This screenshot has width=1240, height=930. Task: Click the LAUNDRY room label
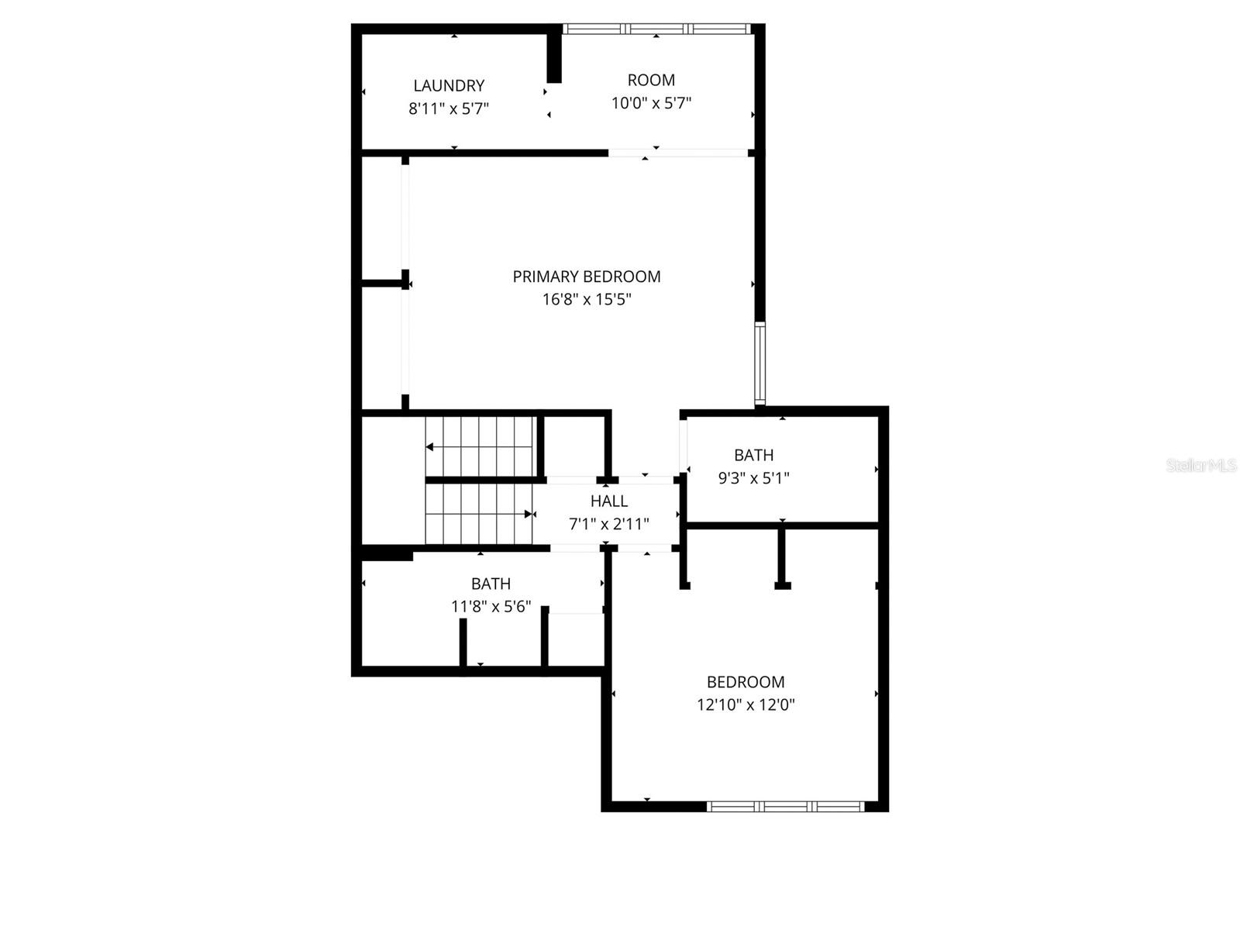(x=449, y=86)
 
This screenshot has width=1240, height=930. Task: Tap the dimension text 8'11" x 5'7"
(x=449, y=108)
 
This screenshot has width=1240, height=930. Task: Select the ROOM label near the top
(x=651, y=80)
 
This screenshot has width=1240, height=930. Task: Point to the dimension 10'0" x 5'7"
(x=651, y=103)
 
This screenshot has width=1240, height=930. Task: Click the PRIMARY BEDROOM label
(x=587, y=277)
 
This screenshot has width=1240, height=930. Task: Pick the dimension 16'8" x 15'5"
(x=587, y=299)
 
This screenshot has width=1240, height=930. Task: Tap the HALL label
(x=609, y=501)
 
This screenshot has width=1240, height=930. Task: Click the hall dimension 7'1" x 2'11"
(x=609, y=524)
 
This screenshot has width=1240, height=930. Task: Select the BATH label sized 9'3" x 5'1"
(x=754, y=455)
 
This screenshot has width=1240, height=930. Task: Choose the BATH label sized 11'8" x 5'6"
(x=491, y=584)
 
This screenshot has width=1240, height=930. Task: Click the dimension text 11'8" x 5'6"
(x=491, y=606)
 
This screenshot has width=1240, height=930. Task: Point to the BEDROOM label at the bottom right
(x=746, y=682)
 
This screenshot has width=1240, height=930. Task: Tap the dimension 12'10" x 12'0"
(x=746, y=704)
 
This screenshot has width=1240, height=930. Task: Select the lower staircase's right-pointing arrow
(x=529, y=514)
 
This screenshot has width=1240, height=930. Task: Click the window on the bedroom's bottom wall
(x=786, y=807)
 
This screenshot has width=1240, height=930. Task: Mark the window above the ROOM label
(x=656, y=29)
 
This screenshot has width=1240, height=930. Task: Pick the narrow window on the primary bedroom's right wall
(x=759, y=363)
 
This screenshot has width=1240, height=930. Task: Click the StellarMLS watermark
(x=1201, y=465)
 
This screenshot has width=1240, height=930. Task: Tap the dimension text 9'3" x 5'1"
(x=754, y=478)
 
